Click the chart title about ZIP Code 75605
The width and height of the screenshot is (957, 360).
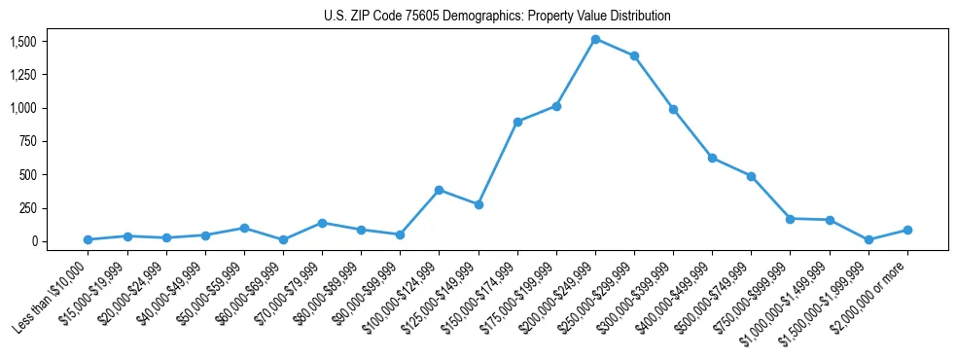(497, 17)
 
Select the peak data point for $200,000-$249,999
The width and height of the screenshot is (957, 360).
(595, 39)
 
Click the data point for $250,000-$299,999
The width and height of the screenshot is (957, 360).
(634, 55)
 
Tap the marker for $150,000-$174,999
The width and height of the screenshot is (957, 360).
(517, 122)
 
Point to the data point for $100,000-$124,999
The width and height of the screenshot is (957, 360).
(440, 190)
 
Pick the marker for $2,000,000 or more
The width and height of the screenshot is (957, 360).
(907, 230)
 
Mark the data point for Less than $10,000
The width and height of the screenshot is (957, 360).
(89, 239)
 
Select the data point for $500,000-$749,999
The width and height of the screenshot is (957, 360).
(752, 176)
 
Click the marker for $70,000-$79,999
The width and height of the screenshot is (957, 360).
(322, 223)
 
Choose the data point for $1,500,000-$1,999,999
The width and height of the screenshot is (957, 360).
(868, 239)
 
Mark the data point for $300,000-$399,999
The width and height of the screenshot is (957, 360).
(673, 109)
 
